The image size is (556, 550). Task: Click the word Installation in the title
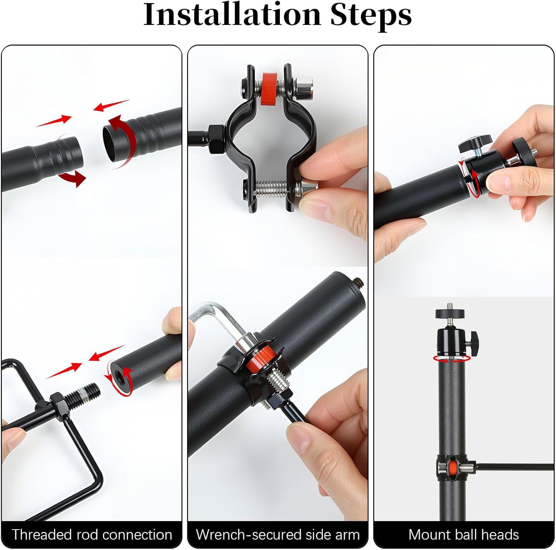coord(232,15)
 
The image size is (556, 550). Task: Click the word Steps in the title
coord(371,15)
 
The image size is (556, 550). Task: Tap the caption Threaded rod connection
coord(92,534)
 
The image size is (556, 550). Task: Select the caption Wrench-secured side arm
coord(278,534)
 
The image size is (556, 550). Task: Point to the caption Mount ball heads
coord(463,534)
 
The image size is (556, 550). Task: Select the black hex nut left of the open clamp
coord(215,132)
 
